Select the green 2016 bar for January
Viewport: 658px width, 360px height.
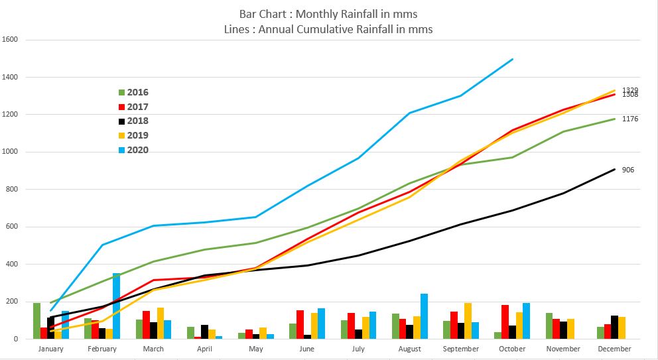click(37, 321)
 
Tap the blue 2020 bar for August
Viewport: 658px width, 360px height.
click(424, 316)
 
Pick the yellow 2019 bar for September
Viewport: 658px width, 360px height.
click(468, 321)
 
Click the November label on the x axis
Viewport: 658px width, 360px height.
click(563, 349)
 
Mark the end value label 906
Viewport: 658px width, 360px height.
click(629, 170)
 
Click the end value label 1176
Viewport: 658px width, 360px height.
click(630, 119)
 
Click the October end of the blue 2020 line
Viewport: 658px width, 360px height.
click(513, 59)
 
